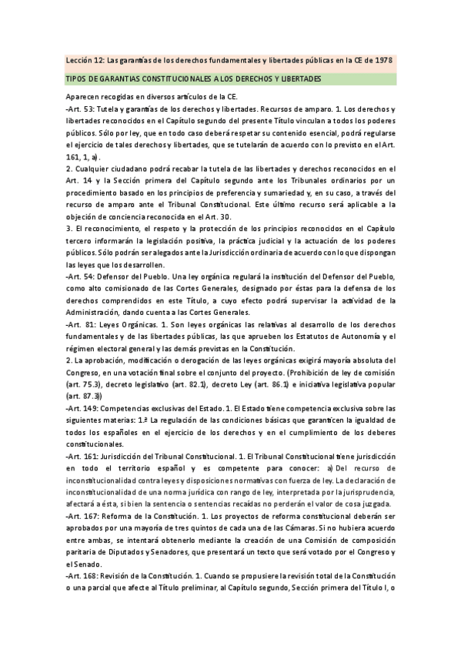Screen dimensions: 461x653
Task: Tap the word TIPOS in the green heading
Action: (x=77, y=79)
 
